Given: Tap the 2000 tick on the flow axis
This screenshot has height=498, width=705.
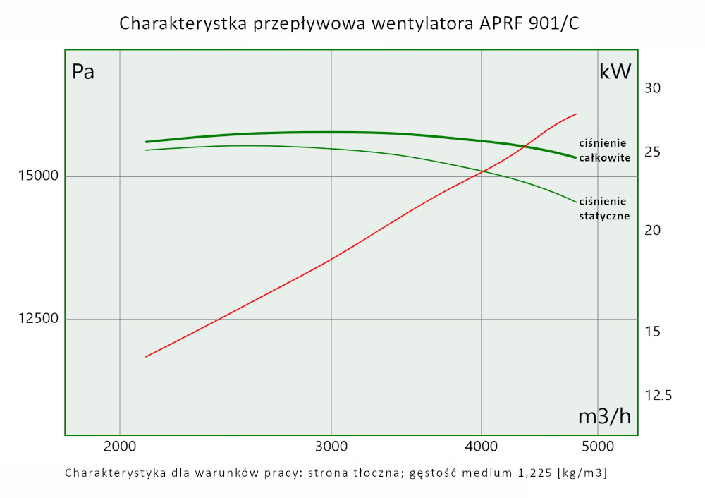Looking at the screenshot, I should (120, 446).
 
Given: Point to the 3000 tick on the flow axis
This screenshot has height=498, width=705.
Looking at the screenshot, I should (331, 446).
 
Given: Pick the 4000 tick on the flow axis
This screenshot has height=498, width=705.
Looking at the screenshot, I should (481, 446).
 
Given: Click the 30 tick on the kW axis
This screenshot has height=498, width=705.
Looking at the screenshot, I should (653, 89).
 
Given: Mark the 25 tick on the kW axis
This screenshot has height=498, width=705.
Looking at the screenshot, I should (653, 152).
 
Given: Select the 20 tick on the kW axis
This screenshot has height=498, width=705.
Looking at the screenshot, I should (653, 231).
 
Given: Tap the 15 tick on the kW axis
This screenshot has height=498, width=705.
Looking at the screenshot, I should (653, 331).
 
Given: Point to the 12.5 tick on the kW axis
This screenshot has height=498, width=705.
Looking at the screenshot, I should (658, 395).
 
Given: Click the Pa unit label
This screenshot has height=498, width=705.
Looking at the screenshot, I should (83, 72).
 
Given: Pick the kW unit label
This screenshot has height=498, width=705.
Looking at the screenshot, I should (614, 72).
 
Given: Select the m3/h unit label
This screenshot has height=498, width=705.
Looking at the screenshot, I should (604, 416).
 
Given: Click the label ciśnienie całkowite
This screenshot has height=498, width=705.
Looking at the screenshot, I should (604, 150).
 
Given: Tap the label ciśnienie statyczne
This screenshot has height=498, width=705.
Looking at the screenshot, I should (604, 209).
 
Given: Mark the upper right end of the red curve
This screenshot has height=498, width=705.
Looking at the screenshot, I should (577, 114).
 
